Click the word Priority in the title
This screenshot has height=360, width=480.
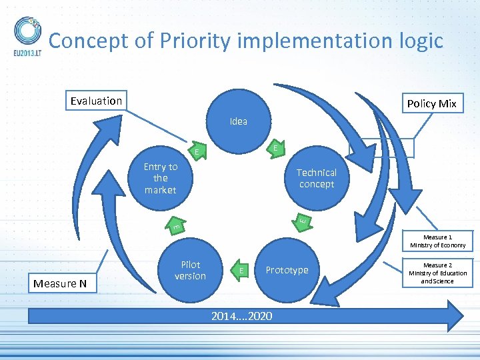193,41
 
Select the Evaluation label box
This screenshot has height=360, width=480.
97,101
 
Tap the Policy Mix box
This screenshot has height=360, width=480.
431,103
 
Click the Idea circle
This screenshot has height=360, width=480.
238,121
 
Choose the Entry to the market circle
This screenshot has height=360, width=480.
161,178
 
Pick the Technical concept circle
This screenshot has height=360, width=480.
317,178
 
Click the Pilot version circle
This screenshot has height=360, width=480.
191,270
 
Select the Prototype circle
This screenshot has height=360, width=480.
287,270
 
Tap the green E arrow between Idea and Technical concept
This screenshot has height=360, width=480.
274,147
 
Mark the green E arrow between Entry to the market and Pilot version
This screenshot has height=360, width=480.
176,227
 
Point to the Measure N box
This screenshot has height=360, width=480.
60,283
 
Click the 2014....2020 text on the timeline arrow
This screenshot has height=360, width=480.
241,315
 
